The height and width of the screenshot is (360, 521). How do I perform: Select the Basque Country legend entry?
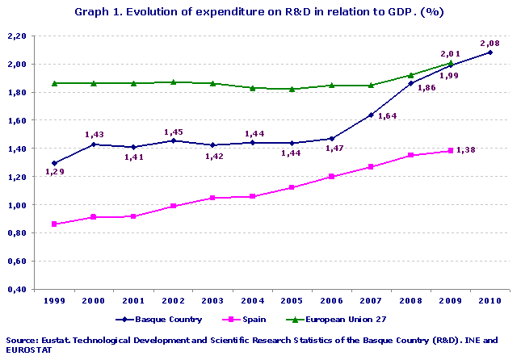click(x=159, y=320)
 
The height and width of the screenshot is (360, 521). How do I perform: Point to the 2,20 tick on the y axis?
click(x=16, y=36)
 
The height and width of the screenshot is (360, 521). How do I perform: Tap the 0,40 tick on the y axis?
click(x=16, y=290)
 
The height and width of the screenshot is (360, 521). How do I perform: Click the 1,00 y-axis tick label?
click(x=16, y=205)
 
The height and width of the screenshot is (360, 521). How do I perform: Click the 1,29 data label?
click(x=54, y=172)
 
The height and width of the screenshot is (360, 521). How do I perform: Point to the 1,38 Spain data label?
click(x=466, y=150)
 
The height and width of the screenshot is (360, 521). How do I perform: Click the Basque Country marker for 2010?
click(x=489, y=52)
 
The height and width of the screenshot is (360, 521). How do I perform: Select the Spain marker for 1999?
click(x=54, y=224)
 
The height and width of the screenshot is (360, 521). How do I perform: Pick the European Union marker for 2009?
click(x=450, y=63)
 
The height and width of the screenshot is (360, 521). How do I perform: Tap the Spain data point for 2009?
click(x=450, y=151)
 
